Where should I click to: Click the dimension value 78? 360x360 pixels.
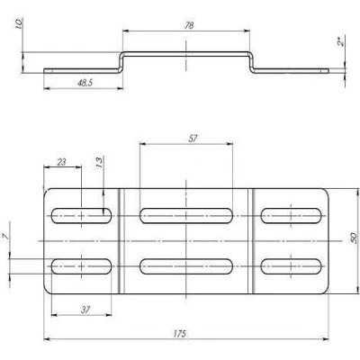(189, 25)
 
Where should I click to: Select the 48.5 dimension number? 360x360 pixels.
(85, 83)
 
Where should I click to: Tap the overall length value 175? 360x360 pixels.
(180, 333)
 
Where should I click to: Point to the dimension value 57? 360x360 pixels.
(193, 139)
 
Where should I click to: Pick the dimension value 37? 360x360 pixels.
(85, 310)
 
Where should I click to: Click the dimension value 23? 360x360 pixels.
(61, 162)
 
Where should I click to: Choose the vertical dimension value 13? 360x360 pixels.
(99, 162)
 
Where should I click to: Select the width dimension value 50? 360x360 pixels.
(354, 238)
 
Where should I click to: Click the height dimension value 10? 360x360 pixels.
(19, 23)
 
